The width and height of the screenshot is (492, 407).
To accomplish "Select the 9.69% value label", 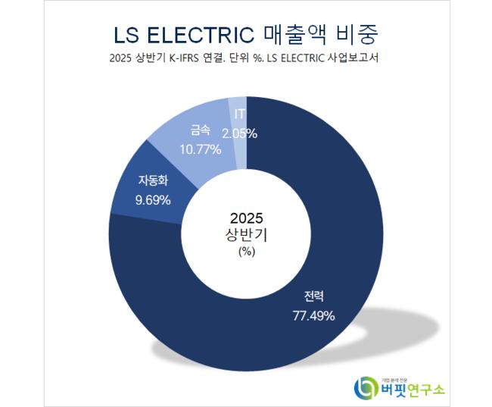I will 153,200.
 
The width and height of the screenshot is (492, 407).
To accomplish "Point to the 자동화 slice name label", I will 153,181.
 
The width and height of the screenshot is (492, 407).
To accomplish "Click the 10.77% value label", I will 200,149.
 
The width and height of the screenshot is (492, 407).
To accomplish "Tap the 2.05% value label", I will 239,133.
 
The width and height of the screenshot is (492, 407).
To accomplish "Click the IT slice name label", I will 239,114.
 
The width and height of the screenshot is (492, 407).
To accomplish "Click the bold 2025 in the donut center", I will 247,218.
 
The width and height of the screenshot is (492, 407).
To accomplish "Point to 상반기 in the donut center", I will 247,235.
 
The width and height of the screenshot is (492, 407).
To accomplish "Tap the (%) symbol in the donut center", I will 247,252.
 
